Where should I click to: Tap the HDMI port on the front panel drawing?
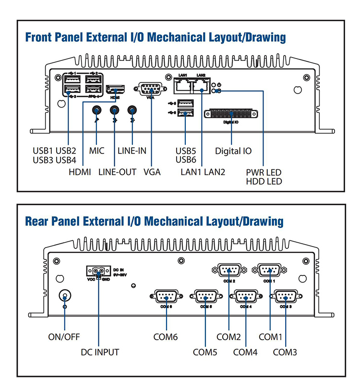(x=115, y=89)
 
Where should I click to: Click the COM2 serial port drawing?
(x=229, y=270)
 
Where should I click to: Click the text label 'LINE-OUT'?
(x=118, y=172)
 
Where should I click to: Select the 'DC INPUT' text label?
(x=100, y=353)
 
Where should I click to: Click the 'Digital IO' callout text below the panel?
(x=233, y=151)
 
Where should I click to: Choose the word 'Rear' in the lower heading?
(x=37, y=221)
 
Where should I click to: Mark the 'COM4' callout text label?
(x=245, y=353)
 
